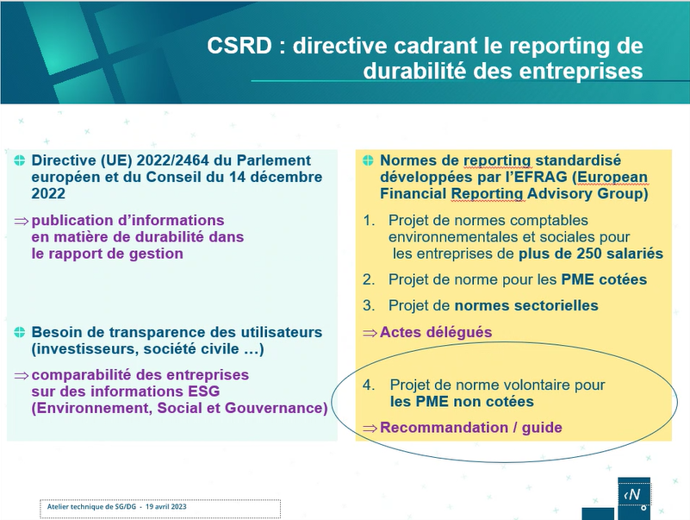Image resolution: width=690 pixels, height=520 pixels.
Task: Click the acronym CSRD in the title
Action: (239, 46)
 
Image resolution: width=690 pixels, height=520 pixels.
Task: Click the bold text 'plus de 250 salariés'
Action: (591, 254)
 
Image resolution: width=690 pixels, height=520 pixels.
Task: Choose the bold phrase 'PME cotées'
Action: (604, 279)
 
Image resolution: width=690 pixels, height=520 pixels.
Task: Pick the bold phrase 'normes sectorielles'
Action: (526, 305)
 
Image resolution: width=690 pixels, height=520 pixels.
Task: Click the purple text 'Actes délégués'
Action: (436, 332)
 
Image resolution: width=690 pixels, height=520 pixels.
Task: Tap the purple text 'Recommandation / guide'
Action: (471, 428)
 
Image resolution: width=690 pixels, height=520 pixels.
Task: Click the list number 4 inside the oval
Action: (368, 385)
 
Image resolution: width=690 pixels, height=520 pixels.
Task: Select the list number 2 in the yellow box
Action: (368, 279)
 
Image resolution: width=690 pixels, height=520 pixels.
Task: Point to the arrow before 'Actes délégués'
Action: (370, 333)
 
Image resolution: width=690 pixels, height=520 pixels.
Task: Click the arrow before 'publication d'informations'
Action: (22, 222)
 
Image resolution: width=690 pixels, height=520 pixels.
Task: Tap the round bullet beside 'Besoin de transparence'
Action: (19, 332)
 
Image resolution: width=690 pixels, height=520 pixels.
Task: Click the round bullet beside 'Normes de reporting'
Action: (368, 160)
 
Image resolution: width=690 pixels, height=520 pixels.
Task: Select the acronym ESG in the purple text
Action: (204, 392)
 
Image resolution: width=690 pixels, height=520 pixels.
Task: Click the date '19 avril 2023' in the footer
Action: (166, 507)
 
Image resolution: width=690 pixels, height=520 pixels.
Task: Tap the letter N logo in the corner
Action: (634, 494)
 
